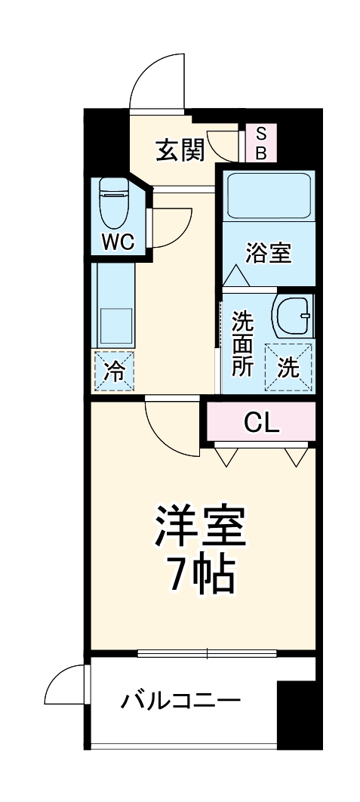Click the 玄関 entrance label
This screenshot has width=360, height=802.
(x=180, y=150)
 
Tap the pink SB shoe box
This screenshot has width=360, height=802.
(x=261, y=143)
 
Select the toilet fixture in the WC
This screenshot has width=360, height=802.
(x=114, y=202)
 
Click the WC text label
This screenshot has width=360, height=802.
(x=118, y=242)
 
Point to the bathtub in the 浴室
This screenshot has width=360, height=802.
(x=269, y=196)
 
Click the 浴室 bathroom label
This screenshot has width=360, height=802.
(x=269, y=254)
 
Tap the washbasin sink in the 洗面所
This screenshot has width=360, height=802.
(x=292, y=316)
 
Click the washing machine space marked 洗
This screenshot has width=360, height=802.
(x=288, y=368)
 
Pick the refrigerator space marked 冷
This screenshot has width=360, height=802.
(x=114, y=372)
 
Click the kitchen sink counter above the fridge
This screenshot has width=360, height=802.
(x=113, y=306)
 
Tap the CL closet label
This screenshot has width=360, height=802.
(x=262, y=422)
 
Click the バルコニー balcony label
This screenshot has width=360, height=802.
(x=181, y=701)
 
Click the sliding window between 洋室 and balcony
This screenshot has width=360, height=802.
(x=207, y=653)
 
